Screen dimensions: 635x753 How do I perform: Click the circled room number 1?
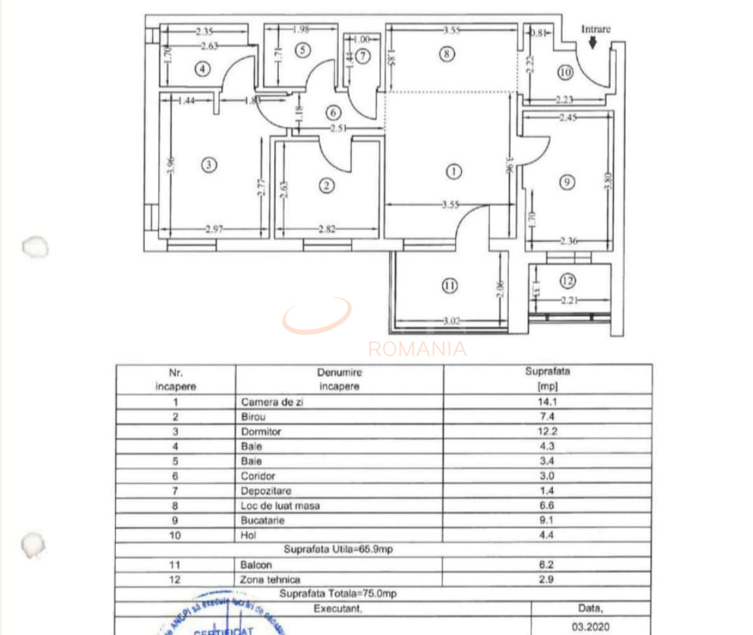454,171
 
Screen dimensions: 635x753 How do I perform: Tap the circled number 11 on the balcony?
450,285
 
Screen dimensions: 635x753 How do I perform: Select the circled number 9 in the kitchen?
568,182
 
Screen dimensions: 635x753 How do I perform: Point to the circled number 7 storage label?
363,56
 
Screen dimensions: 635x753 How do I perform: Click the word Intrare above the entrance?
596,29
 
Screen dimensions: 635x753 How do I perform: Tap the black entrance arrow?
593,43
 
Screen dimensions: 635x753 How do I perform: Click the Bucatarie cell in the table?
262,520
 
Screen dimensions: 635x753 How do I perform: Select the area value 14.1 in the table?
548,402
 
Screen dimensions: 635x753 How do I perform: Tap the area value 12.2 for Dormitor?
548,431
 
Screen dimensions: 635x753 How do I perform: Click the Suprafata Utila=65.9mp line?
338,550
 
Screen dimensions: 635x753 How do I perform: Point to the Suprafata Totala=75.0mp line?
338,594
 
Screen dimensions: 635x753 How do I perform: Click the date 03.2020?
590,627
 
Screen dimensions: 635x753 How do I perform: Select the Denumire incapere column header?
340,379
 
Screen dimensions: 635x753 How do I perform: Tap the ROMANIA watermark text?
417,349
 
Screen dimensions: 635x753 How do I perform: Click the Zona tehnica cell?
271,579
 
